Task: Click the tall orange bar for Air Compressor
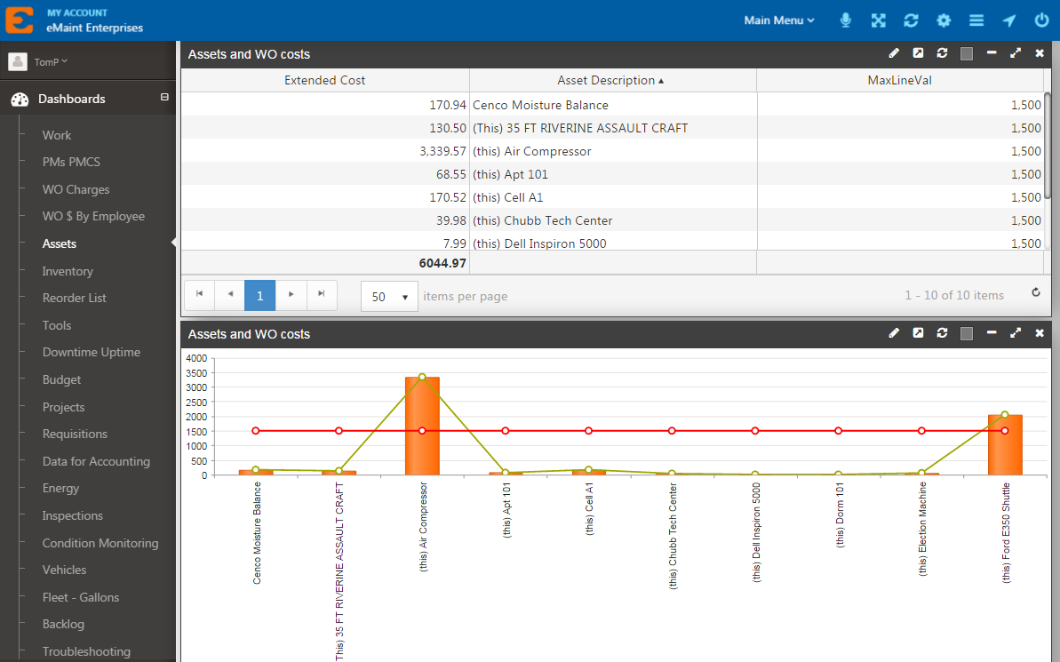tap(422, 427)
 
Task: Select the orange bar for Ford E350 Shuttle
tap(1005, 445)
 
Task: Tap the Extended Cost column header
tap(324, 80)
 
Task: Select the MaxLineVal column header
tap(899, 80)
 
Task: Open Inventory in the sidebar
tap(68, 271)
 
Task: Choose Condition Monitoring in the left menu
tap(100, 543)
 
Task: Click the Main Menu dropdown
tap(778, 20)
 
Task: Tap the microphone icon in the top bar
tap(846, 20)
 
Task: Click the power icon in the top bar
tap(1041, 20)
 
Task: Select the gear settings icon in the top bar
tap(944, 20)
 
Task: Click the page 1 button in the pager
tap(259, 296)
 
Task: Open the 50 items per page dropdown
tap(389, 297)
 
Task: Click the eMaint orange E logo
tap(19, 20)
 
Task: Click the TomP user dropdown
tap(50, 61)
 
